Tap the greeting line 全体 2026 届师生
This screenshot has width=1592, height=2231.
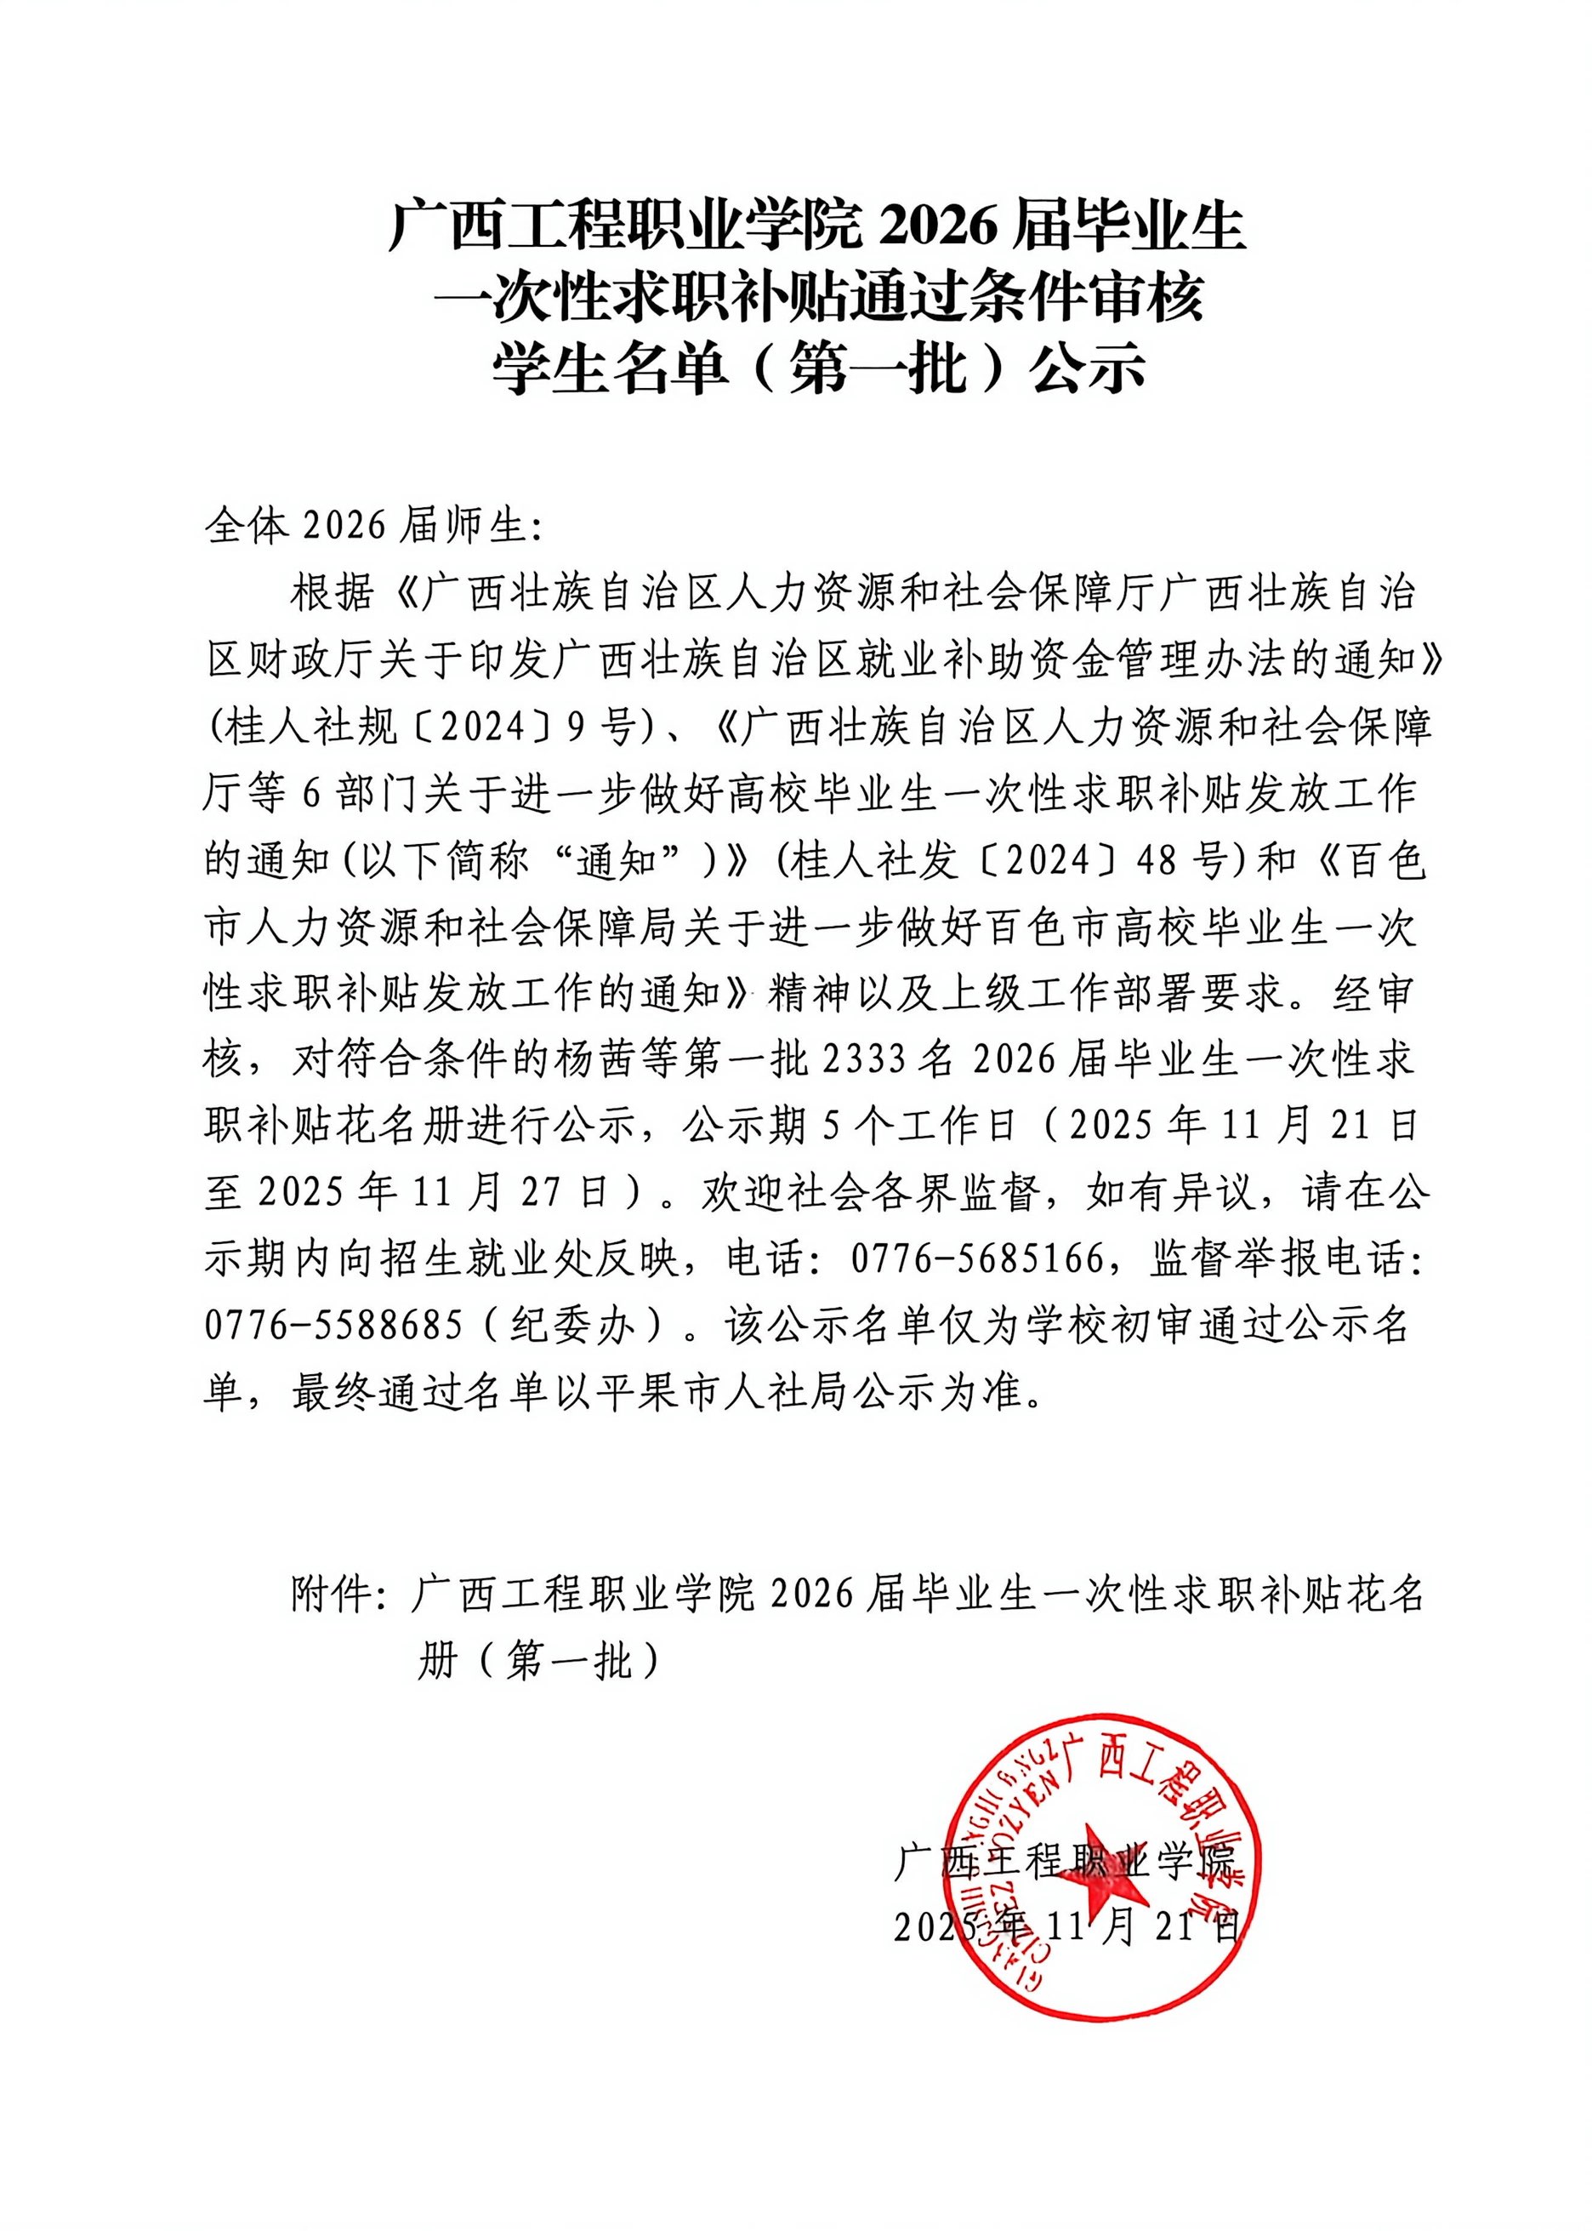[372, 527]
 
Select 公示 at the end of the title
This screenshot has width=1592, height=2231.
[1089, 371]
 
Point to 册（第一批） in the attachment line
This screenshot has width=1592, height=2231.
[538, 1661]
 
